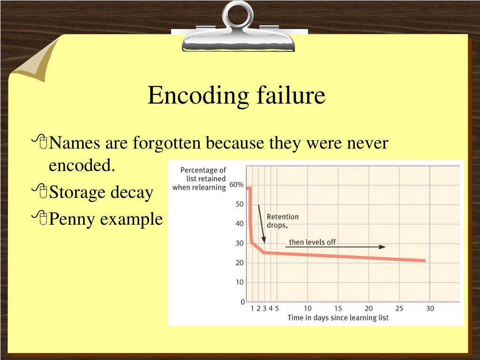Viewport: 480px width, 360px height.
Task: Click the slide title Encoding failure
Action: click(x=236, y=96)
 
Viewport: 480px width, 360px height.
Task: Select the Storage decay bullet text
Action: click(x=101, y=192)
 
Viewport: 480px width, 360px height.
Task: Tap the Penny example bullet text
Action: click(x=106, y=218)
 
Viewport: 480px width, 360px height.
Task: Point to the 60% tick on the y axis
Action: click(x=236, y=185)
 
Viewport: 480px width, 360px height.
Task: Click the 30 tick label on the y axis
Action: click(x=239, y=243)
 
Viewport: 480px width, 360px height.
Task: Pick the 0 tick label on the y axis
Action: click(x=242, y=302)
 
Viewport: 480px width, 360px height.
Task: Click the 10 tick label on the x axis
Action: click(x=307, y=308)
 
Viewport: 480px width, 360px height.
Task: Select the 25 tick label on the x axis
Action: click(x=399, y=308)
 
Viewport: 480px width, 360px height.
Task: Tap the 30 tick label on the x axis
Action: click(x=430, y=308)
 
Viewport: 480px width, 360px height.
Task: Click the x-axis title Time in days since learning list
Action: click(x=337, y=318)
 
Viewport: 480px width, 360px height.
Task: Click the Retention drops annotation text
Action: click(x=282, y=221)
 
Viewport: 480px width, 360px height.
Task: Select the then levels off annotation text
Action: click(x=312, y=242)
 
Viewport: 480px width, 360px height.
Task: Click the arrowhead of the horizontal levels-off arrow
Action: click(x=383, y=247)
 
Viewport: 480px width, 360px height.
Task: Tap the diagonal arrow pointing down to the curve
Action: click(x=262, y=224)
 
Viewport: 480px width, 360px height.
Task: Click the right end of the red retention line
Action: click(x=424, y=261)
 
